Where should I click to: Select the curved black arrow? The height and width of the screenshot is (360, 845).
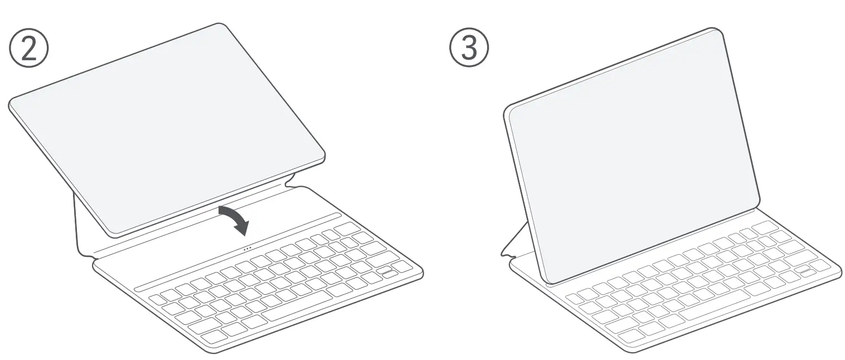[234, 219]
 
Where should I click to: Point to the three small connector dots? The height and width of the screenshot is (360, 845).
[247, 248]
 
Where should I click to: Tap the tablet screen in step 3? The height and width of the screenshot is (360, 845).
[633, 156]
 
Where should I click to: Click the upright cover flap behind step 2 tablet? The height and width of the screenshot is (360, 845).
[81, 223]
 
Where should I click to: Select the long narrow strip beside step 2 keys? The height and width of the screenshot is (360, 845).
[237, 252]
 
